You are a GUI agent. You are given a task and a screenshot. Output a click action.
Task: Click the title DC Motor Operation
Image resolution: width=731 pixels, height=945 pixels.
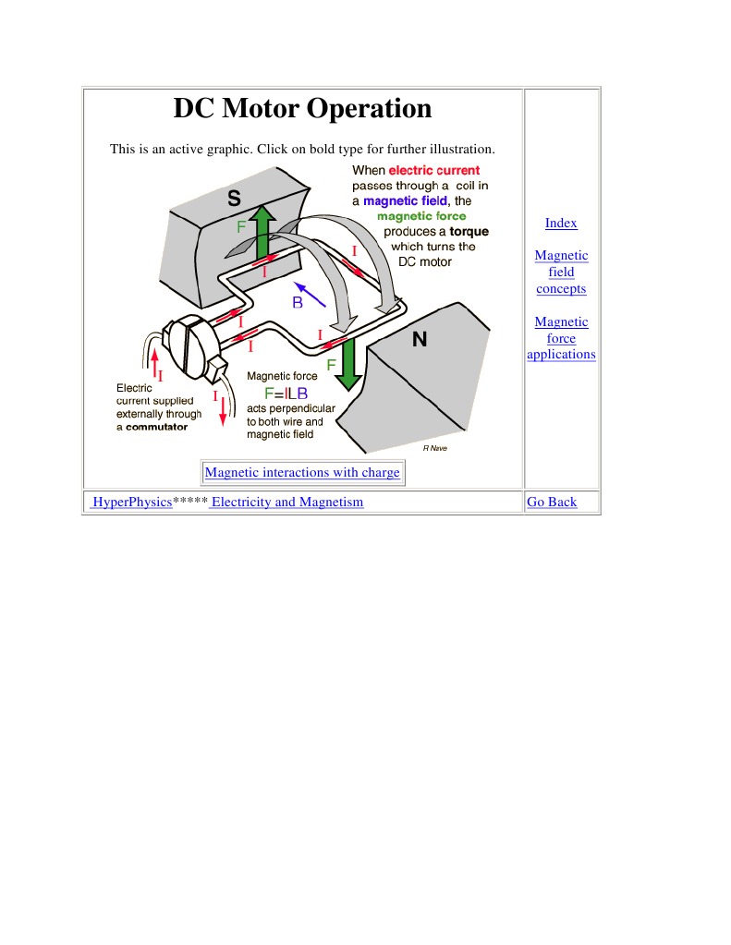pos(302,109)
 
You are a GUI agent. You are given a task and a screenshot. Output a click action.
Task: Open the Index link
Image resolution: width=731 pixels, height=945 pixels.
pos(561,224)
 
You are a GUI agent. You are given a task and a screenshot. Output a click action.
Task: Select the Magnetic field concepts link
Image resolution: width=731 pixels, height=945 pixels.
pos(561,272)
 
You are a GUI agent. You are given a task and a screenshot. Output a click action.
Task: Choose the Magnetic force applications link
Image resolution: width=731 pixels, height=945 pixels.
pos(561,338)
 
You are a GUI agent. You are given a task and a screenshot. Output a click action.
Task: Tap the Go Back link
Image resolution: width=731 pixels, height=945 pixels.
pos(551,503)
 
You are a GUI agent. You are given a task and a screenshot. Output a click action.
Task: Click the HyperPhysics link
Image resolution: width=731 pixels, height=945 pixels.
pos(131,503)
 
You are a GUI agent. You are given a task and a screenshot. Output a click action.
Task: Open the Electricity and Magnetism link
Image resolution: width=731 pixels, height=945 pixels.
pos(286,503)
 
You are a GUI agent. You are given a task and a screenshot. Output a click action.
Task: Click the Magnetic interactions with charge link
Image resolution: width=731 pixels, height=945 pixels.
pos(302,473)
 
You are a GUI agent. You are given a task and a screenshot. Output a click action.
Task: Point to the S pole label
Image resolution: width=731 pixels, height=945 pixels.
pos(234,198)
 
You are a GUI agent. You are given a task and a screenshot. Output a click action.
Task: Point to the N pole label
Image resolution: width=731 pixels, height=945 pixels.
pos(420,340)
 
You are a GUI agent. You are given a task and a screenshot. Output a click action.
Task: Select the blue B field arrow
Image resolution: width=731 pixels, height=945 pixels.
pos(311,294)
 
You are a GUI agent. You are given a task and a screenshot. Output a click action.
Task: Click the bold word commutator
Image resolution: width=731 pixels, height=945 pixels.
pos(156,427)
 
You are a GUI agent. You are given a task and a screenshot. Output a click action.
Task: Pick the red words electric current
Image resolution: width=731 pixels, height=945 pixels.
pos(433,171)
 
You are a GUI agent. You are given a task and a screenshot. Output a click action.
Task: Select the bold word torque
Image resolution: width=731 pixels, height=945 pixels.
pos(469,231)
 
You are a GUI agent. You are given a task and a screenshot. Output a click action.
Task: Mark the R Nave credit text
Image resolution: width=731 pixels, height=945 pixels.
pos(434,448)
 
